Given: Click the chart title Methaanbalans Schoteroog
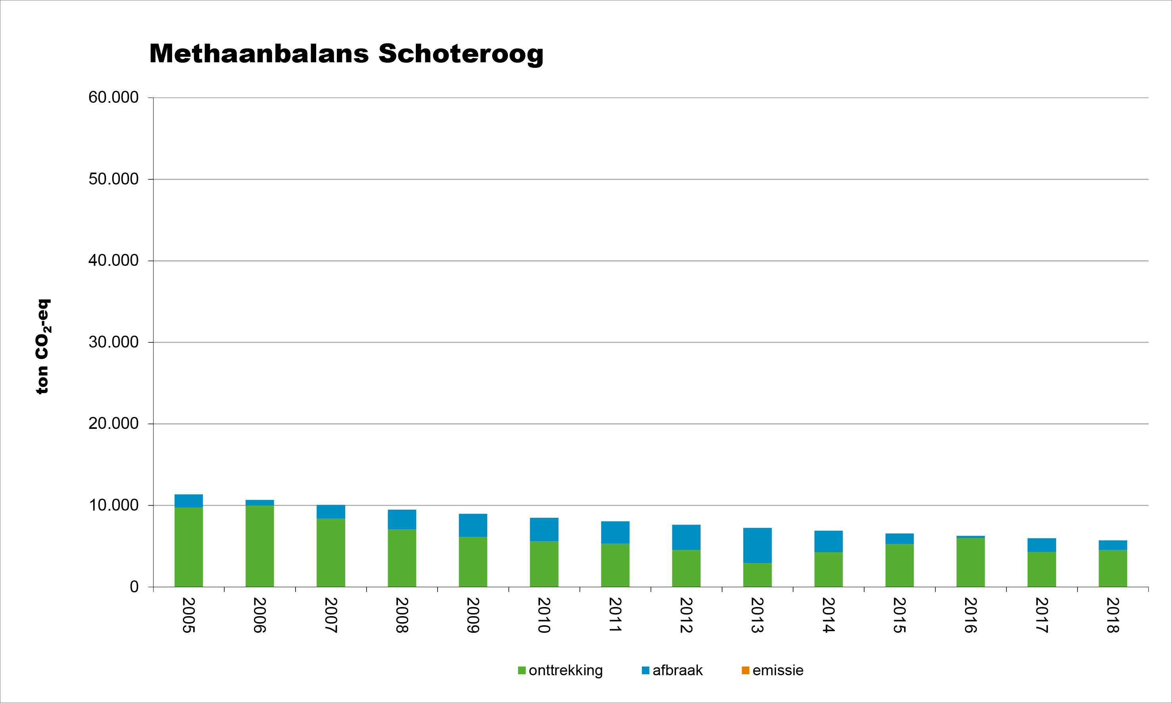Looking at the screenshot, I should pyautogui.click(x=346, y=54).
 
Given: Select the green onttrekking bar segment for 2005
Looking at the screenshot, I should pyautogui.click(x=188, y=547).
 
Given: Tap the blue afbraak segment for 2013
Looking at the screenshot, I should pyautogui.click(x=757, y=545).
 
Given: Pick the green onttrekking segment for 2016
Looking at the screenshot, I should pyautogui.click(x=970, y=562).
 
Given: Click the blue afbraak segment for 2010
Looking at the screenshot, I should pyautogui.click(x=544, y=529).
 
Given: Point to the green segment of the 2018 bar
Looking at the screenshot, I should pyautogui.click(x=1112, y=568).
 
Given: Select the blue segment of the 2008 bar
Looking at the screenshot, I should pyautogui.click(x=402, y=519).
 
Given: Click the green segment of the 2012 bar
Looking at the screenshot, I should pyautogui.click(x=686, y=568).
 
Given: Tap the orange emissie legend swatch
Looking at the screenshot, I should pyautogui.click(x=745, y=670).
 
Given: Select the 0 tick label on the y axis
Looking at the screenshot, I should pyautogui.click(x=134, y=587).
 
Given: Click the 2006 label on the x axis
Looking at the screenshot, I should pyautogui.click(x=259, y=615).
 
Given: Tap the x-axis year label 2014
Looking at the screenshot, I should pyautogui.click(x=828, y=615).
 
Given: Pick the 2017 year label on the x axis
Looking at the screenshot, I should pyautogui.click(x=1041, y=615).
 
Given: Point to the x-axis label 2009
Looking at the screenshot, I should pyautogui.click(x=473, y=615).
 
